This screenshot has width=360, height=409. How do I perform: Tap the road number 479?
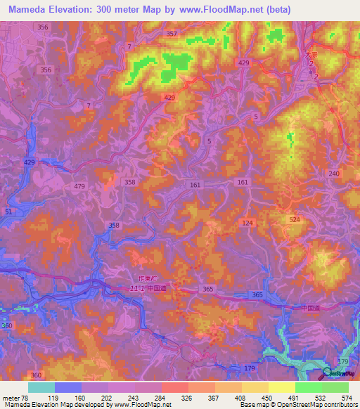coord(79,186)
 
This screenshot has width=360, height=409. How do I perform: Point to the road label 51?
coord(8,212)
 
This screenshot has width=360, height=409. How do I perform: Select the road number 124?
coord(247,223)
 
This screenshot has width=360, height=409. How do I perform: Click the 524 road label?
coord(293,220)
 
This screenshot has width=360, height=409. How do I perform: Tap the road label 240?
coord(333,174)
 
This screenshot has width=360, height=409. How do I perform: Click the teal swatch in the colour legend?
coord(41,387)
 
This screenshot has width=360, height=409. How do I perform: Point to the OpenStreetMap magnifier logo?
coord(328,372)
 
